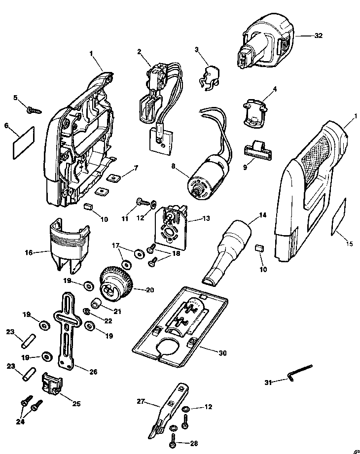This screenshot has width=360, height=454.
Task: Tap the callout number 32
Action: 319,36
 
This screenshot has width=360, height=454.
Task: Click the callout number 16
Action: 28,253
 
